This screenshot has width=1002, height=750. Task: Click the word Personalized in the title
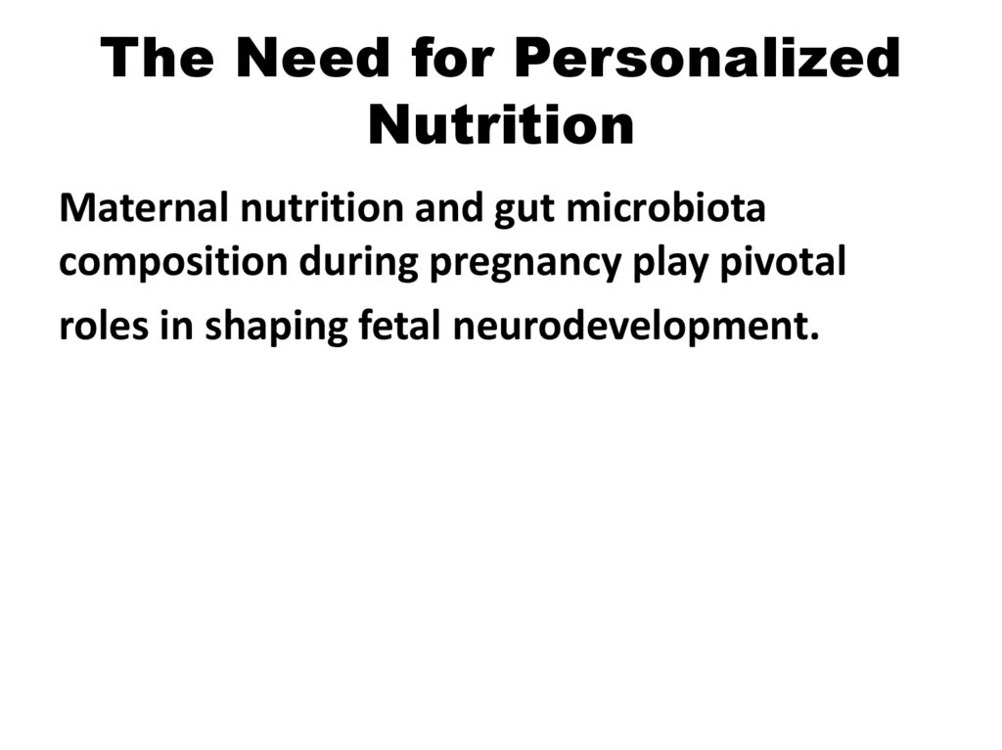click(706, 59)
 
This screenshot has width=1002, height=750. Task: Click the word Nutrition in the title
click(501, 125)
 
